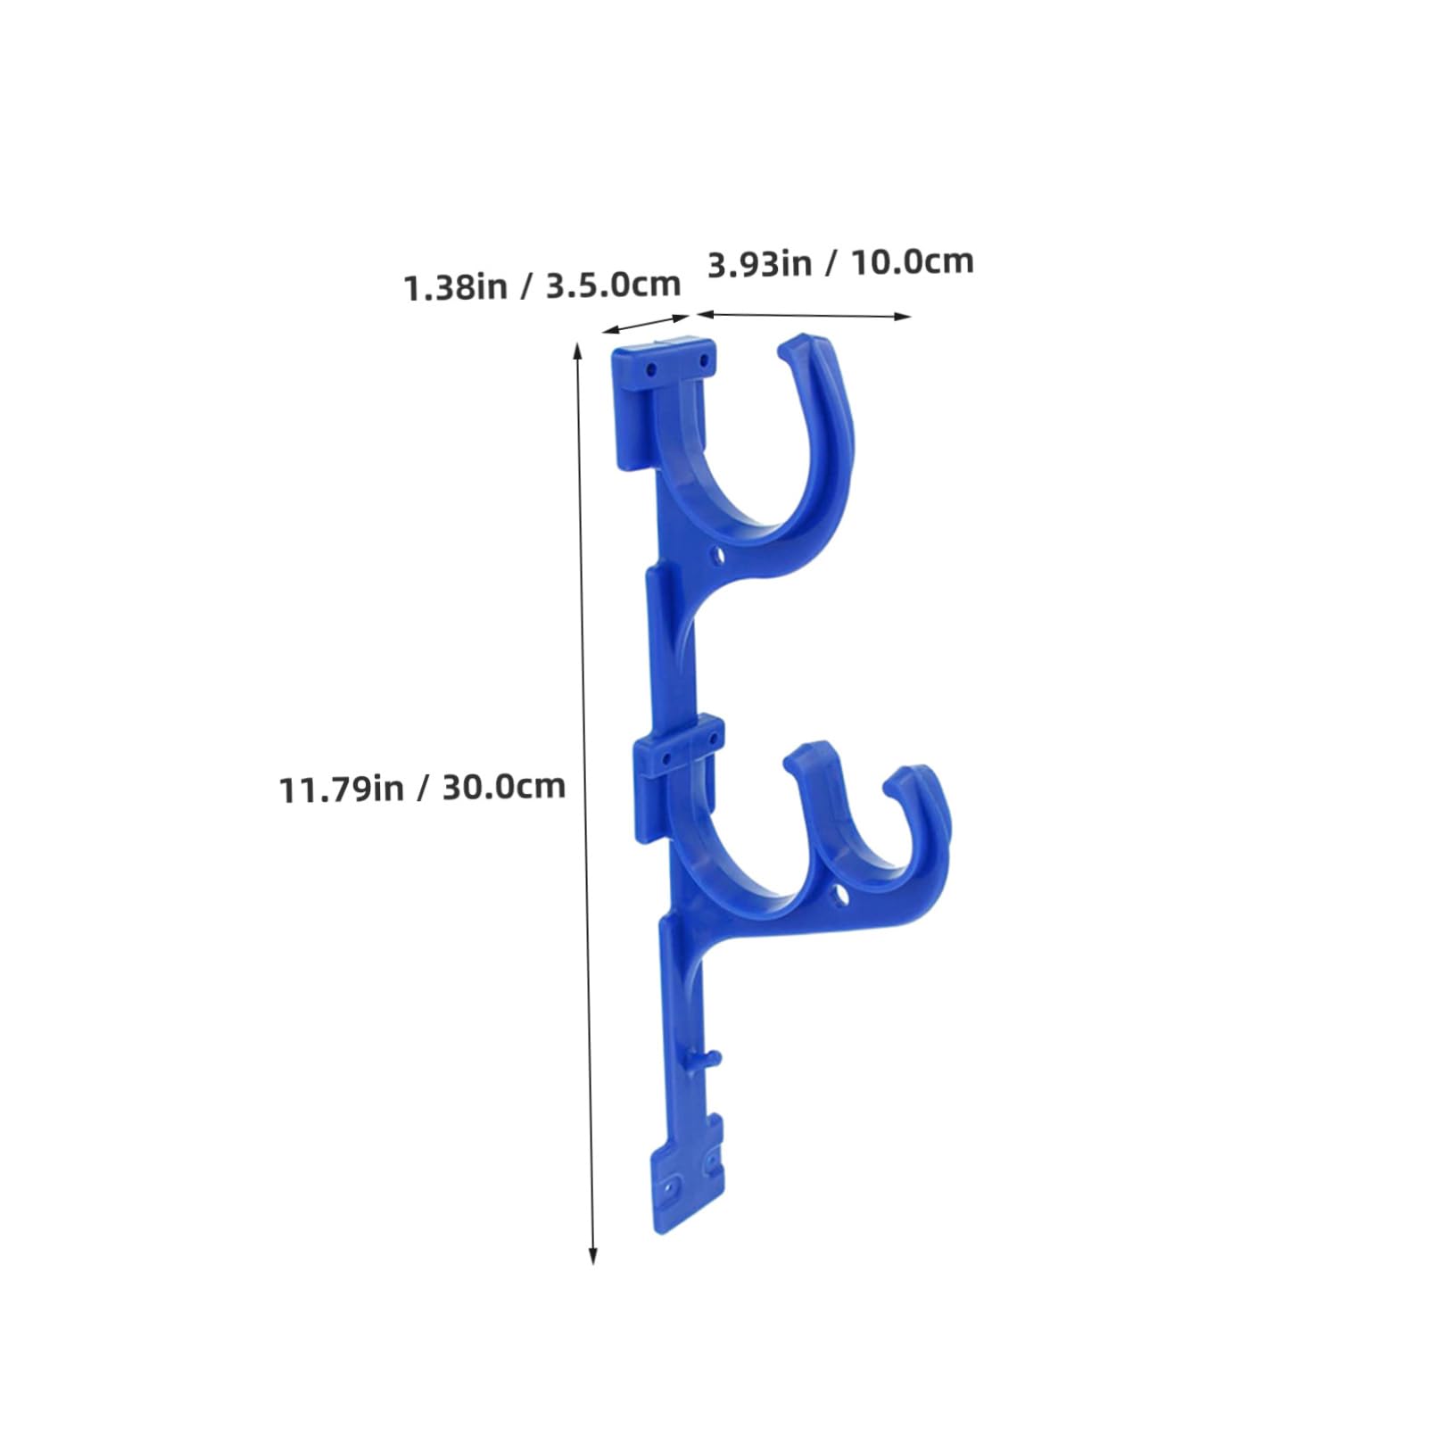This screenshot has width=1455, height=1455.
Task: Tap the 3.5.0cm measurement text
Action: [613, 285]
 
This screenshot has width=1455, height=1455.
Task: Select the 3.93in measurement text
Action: [758, 265]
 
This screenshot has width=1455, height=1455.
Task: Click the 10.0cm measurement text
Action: [910, 262]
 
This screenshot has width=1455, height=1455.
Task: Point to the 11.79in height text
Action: [343, 790]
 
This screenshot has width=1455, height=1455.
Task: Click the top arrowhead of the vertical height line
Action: [578, 351]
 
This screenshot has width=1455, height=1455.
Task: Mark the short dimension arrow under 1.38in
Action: [646, 324]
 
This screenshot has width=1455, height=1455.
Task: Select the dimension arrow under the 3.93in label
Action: [804, 314]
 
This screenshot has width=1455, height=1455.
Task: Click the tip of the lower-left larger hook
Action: [803, 754]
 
